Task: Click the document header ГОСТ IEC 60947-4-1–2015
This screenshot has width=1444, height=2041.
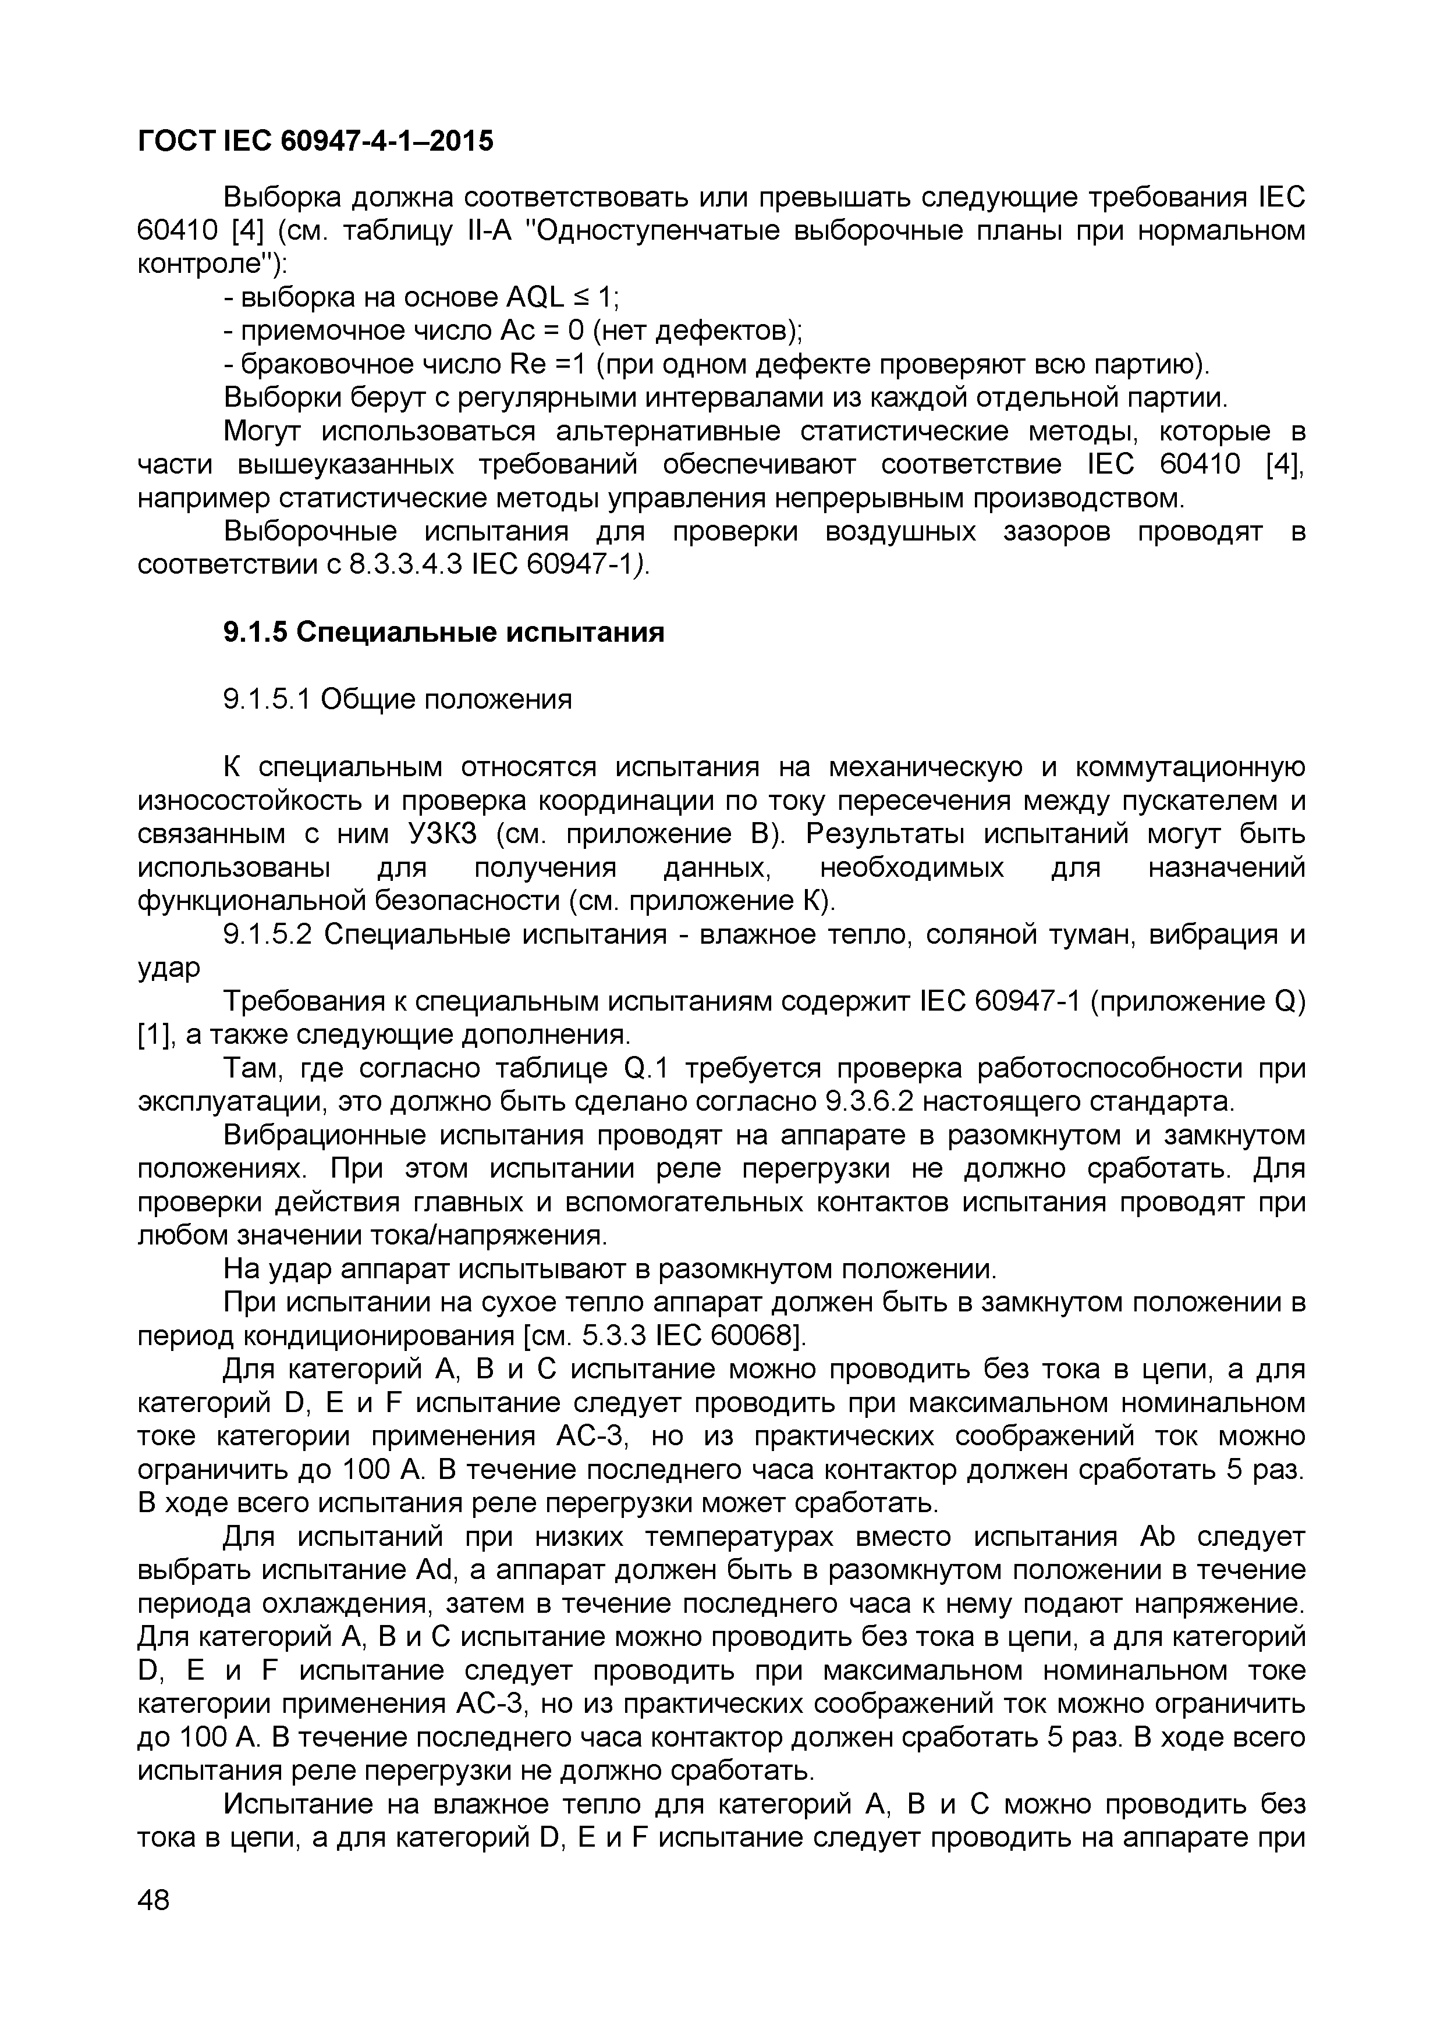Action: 315,140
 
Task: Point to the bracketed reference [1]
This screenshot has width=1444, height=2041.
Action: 153,1034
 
